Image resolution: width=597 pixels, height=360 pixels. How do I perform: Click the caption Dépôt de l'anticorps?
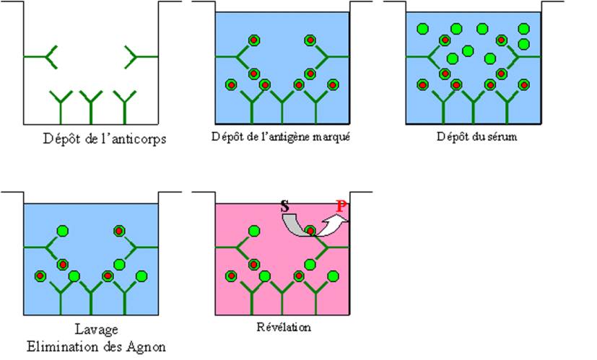tap(104, 139)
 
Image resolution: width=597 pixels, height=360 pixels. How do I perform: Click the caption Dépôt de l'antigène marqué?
tap(282, 136)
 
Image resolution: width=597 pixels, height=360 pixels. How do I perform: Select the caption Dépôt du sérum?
tap(474, 136)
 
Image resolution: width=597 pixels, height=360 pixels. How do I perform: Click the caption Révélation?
tap(282, 327)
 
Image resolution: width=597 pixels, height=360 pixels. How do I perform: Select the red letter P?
tap(341, 207)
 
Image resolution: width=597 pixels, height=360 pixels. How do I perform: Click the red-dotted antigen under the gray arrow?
tap(310, 232)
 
